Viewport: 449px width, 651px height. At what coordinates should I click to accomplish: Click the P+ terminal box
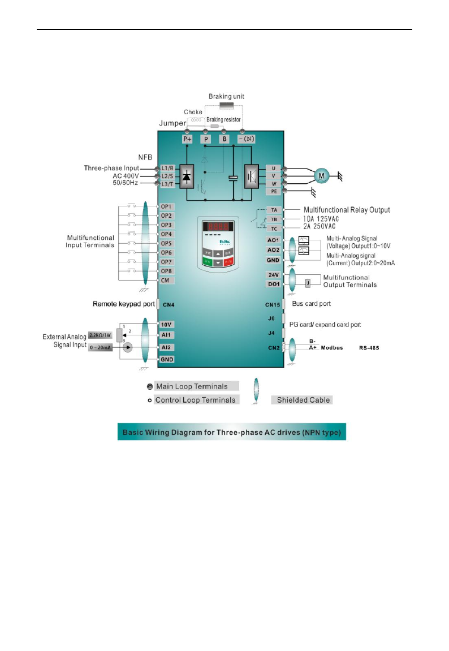pyautogui.click(x=188, y=139)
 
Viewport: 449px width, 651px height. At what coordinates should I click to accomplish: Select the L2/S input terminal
pyautogui.click(x=168, y=177)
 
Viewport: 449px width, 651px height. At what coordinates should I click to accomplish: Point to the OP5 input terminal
pyautogui.click(x=166, y=243)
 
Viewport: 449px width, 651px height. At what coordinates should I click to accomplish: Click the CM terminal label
pyautogui.click(x=166, y=280)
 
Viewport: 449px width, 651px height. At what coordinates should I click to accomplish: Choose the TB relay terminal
pyautogui.click(x=273, y=219)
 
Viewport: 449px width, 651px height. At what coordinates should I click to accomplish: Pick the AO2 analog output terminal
pyautogui.click(x=273, y=249)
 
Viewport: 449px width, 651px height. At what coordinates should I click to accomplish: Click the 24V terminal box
pyautogui.click(x=273, y=274)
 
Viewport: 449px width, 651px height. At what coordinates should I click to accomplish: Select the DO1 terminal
pyautogui.click(x=273, y=283)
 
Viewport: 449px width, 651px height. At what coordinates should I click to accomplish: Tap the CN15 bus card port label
pyautogui.click(x=273, y=304)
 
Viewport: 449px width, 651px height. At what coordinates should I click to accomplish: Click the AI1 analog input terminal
pyautogui.click(x=166, y=334)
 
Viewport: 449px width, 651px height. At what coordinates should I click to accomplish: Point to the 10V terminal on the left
pyautogui.click(x=166, y=324)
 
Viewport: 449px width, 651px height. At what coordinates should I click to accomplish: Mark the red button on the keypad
pyautogui.click(x=228, y=262)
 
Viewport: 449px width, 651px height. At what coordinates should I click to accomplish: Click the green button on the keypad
pyautogui.click(x=207, y=262)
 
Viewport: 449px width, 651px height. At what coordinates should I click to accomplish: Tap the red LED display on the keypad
pyautogui.click(x=218, y=224)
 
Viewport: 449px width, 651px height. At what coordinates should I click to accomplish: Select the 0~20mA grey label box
pyautogui.click(x=101, y=348)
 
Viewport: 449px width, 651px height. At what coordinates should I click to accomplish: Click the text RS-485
pyautogui.click(x=369, y=349)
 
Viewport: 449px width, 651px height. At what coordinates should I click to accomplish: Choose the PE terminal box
pyautogui.click(x=273, y=192)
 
